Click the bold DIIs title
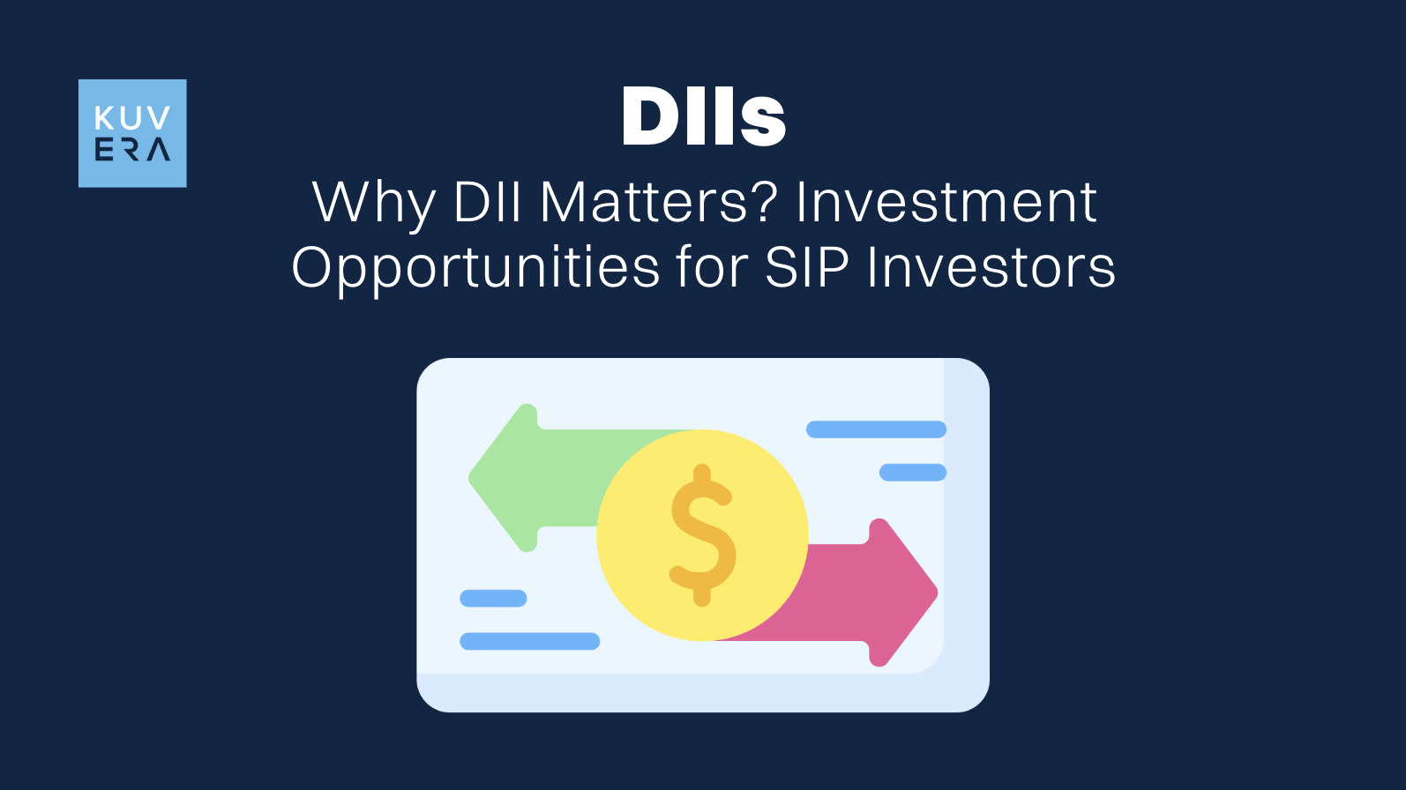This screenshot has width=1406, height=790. [x=703, y=117]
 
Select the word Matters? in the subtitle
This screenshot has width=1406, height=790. [x=658, y=203]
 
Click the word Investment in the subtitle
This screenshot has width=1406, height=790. [x=946, y=203]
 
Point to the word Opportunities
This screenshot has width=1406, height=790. [x=475, y=268]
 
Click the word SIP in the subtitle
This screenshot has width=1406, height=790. [x=806, y=268]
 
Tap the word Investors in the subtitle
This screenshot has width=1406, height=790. [x=991, y=268]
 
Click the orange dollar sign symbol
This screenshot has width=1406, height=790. [x=702, y=535]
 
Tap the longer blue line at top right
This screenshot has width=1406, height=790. [x=876, y=429]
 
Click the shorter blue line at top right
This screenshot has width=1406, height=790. [x=912, y=473]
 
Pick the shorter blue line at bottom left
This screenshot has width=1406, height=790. [x=493, y=599]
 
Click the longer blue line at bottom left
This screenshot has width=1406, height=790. [x=529, y=641]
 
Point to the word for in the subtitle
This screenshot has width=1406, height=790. [x=711, y=268]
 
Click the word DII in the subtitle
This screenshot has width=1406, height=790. [x=488, y=203]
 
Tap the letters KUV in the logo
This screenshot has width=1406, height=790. [x=132, y=118]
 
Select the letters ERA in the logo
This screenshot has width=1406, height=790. [x=132, y=150]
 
